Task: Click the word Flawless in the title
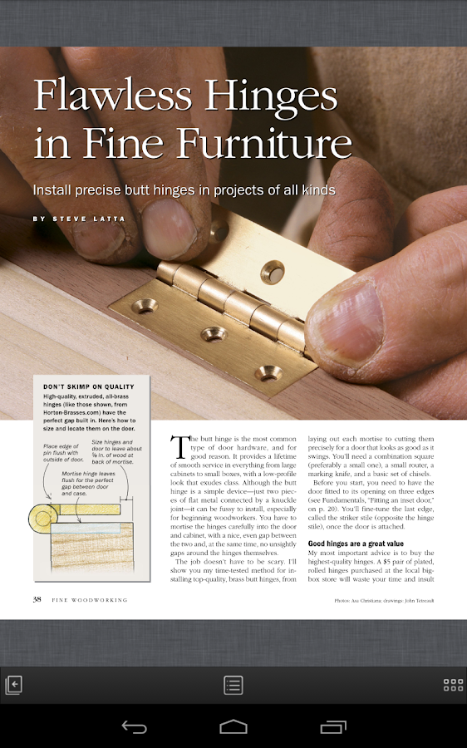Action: pyautogui.click(x=112, y=93)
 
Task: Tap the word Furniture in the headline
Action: pyautogui.click(x=265, y=142)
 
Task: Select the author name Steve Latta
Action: pyautogui.click(x=89, y=219)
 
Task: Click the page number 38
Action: pyautogui.click(x=37, y=599)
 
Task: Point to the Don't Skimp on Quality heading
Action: pyautogui.click(x=89, y=386)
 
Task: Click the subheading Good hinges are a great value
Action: pyautogui.click(x=356, y=544)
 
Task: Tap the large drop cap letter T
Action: pyautogui.click(x=179, y=446)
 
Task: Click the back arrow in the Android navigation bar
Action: pyautogui.click(x=134, y=727)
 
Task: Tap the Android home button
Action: pyautogui.click(x=233, y=726)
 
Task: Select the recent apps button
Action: pyautogui.click(x=333, y=726)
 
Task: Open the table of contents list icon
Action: pyautogui.click(x=233, y=685)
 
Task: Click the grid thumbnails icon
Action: pyautogui.click(x=453, y=685)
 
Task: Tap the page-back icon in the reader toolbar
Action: pyautogui.click(x=13, y=685)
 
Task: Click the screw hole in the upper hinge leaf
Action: pyautogui.click(x=273, y=272)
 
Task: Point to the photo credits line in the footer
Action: pyautogui.click(x=384, y=601)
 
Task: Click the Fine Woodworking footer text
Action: pyautogui.click(x=90, y=600)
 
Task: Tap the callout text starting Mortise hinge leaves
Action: pyautogui.click(x=88, y=483)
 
